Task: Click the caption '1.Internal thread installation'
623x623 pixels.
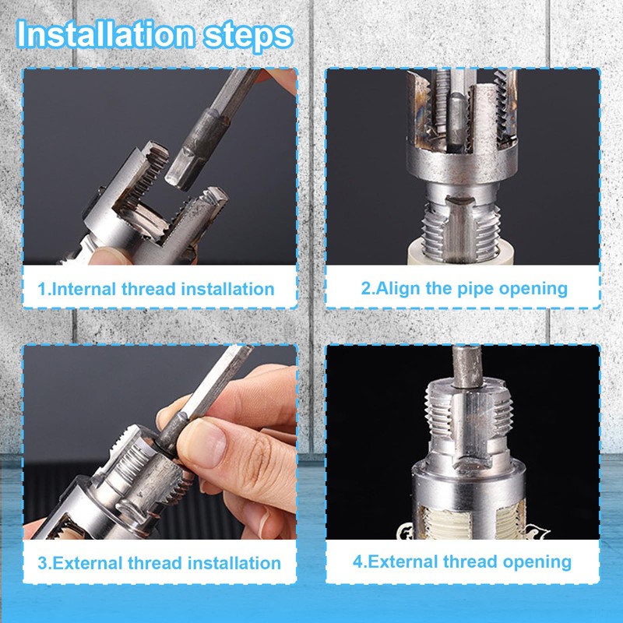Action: tap(157, 289)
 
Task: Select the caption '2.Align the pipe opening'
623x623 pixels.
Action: tap(463, 287)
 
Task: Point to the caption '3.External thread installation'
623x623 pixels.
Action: tap(160, 562)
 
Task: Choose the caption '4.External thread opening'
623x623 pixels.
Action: tap(463, 561)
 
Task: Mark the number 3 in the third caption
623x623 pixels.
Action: tap(42, 562)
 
